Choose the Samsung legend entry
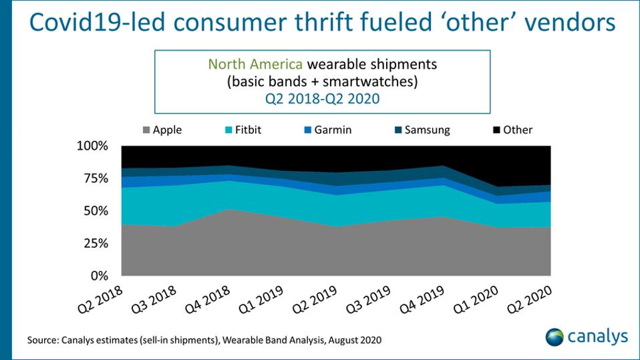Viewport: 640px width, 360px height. pyautogui.click(x=425, y=130)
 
